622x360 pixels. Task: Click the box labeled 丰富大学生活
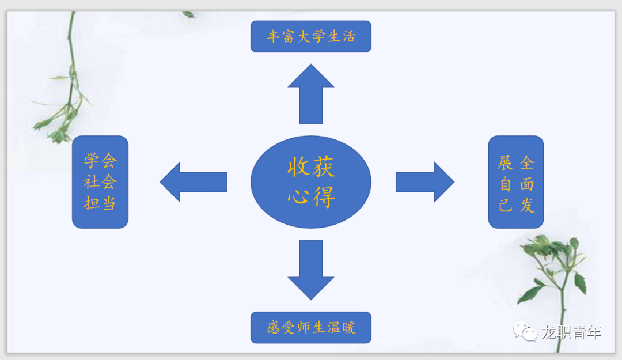click(x=311, y=36)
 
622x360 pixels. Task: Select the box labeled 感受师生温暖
click(x=311, y=327)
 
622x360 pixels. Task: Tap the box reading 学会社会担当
click(x=100, y=182)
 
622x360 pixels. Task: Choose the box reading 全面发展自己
click(x=515, y=182)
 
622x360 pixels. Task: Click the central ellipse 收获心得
click(x=311, y=182)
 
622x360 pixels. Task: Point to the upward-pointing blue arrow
click(x=311, y=94)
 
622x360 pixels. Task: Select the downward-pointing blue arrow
click(x=311, y=270)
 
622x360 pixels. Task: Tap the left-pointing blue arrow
click(x=194, y=182)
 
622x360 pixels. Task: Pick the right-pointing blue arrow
click(x=425, y=182)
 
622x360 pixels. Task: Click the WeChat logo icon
click(x=525, y=331)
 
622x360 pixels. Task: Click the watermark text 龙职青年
click(x=572, y=332)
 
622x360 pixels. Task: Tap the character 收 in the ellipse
click(x=298, y=166)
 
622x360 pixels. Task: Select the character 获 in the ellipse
click(x=324, y=166)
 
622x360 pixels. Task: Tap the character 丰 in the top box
click(x=274, y=36)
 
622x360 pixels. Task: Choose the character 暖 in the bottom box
click(x=348, y=327)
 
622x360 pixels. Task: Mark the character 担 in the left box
click(x=92, y=203)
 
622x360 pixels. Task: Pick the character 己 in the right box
click(x=506, y=206)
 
